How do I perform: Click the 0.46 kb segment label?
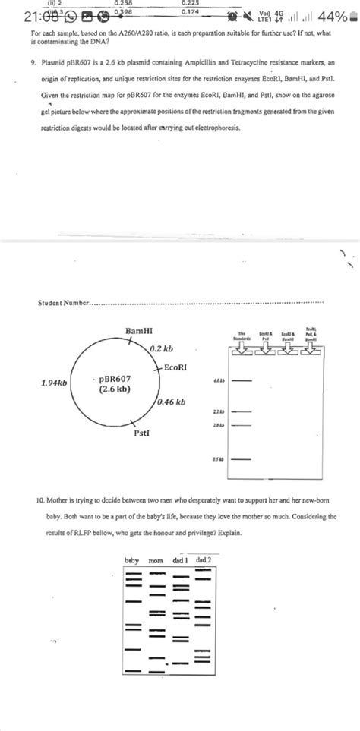172,402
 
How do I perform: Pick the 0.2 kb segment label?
161,349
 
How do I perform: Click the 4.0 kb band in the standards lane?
240,379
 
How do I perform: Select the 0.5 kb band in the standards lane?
240,459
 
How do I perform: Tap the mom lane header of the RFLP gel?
156,560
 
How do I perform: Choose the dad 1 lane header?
182,560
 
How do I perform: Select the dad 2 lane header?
204,560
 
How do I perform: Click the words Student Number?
62,305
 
